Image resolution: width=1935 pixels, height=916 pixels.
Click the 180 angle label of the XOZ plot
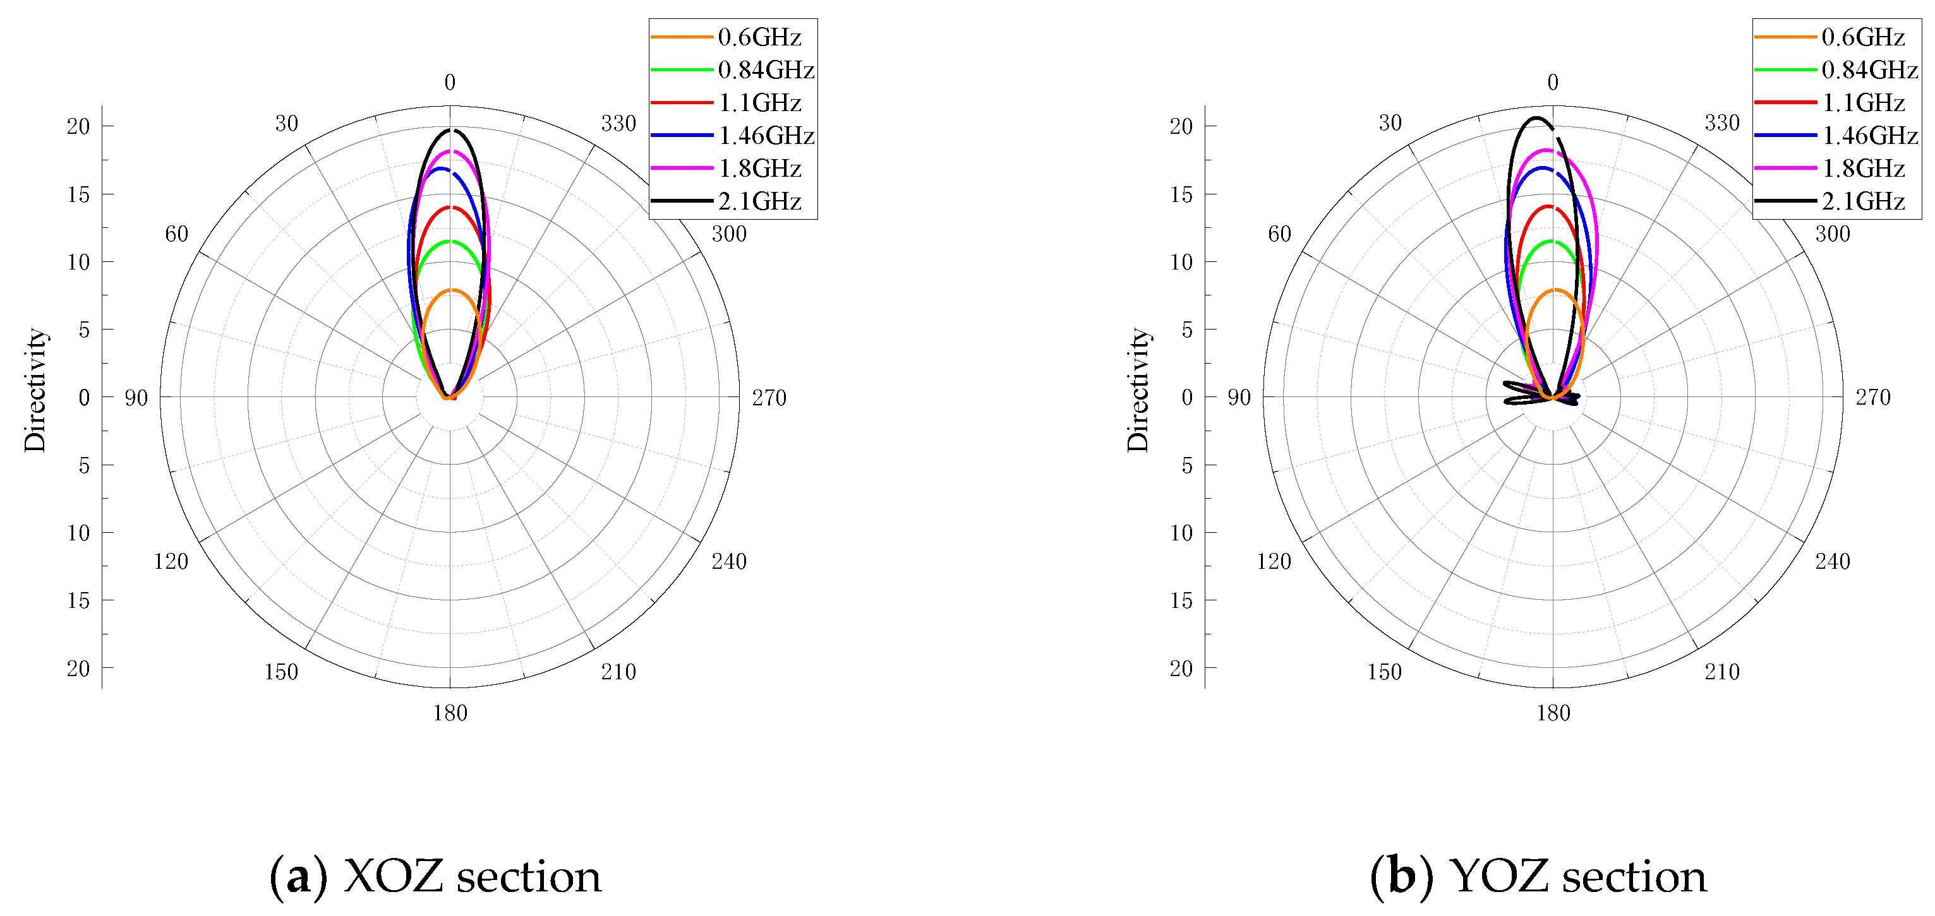tap(450, 713)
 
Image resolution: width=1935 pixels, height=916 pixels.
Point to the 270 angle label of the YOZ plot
tap(1872, 397)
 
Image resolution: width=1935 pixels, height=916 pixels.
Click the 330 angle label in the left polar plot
tap(618, 123)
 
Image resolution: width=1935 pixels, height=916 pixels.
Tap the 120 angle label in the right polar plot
tap(1274, 561)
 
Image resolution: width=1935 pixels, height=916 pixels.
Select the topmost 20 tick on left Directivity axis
tap(78, 126)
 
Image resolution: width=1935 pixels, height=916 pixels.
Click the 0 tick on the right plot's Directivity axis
tap(1187, 397)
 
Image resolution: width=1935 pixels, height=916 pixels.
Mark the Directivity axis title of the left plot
tap(35, 390)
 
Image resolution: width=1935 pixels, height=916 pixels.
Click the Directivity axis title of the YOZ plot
tap(1138, 390)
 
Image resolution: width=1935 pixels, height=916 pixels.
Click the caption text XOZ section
tap(472, 876)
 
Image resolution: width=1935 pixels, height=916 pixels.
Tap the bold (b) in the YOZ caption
tap(1402, 876)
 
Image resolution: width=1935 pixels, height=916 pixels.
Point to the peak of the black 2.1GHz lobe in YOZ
tap(1537, 118)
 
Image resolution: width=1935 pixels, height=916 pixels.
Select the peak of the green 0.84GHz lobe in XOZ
tap(450, 241)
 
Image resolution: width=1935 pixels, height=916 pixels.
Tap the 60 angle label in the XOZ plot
tap(176, 234)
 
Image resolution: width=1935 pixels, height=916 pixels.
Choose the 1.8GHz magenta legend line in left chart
tap(681, 168)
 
